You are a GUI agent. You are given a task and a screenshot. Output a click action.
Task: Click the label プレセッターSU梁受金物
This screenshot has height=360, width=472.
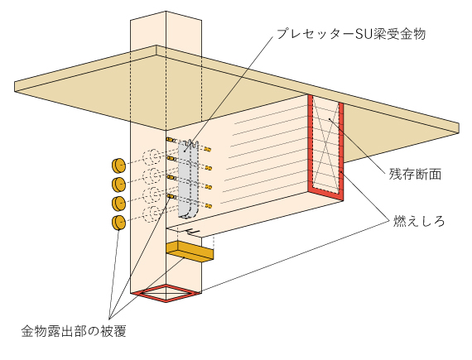click(x=351, y=34)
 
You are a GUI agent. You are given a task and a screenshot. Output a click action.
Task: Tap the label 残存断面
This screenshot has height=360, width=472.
click(x=415, y=175)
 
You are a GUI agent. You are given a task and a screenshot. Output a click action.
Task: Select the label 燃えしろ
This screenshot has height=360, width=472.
click(x=419, y=221)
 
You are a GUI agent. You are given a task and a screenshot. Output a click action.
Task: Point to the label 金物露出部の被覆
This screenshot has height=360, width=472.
click(x=74, y=331)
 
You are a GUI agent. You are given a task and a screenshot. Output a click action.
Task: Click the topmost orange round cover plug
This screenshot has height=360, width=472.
click(x=118, y=166)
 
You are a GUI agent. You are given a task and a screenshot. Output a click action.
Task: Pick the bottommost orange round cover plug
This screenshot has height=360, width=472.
click(x=118, y=223)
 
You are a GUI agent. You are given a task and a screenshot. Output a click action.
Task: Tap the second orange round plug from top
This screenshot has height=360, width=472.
click(x=118, y=185)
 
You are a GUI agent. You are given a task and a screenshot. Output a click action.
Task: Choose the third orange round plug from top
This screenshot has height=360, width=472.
click(x=118, y=204)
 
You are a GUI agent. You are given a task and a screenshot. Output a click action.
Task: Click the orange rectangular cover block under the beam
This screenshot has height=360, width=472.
click(x=190, y=252)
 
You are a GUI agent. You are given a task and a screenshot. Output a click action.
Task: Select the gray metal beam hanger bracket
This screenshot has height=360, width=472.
click(x=189, y=180)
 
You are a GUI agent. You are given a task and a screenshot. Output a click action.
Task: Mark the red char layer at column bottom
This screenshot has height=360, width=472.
click(x=166, y=293)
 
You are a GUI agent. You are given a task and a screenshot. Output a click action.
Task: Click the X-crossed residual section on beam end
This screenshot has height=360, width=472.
click(x=325, y=143)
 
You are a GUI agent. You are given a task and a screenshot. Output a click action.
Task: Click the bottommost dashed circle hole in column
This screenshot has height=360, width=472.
click(x=152, y=214)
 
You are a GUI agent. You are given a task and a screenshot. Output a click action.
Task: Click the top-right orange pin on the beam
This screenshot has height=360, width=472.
click(x=208, y=149)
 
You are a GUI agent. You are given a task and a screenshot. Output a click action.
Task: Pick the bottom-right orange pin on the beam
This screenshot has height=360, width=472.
click(x=209, y=206)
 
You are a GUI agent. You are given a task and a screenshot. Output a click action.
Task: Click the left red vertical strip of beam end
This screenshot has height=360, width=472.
click(x=311, y=142)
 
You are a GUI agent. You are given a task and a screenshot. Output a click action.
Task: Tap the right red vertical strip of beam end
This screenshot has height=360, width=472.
click(x=341, y=151)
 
